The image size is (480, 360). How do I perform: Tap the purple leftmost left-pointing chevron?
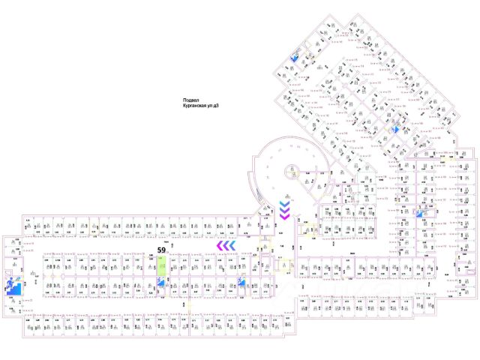coord(220,245)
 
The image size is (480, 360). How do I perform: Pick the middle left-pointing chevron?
coord(226,245)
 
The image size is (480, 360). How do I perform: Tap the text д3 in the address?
coord(218,106)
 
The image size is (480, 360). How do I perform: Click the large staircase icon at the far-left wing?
coord(13,287)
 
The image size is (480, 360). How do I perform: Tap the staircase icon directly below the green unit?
coord(160,283)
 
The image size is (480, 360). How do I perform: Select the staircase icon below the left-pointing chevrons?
coord(241,283)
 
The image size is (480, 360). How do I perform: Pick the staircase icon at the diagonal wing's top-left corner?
coord(297,58)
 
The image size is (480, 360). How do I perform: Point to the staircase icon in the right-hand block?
coord(419,214)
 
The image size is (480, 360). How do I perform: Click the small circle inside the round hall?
coord(290,172)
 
